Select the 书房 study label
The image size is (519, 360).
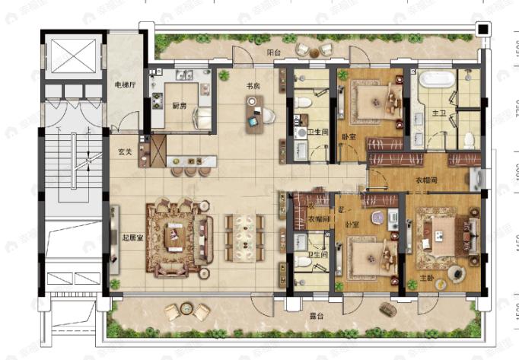[253, 86]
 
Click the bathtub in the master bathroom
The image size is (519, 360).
[437, 78]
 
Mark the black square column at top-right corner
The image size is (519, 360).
[482, 29]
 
